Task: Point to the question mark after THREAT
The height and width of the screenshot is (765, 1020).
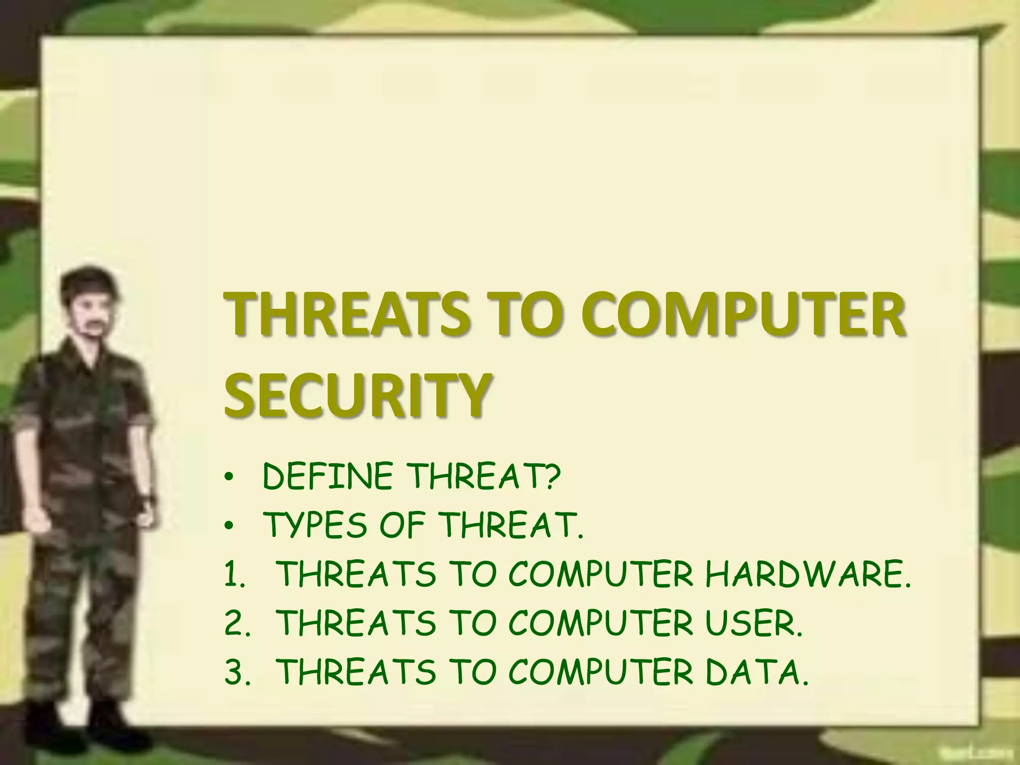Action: [552, 477]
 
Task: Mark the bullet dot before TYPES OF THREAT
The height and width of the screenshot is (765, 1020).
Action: [229, 527]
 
